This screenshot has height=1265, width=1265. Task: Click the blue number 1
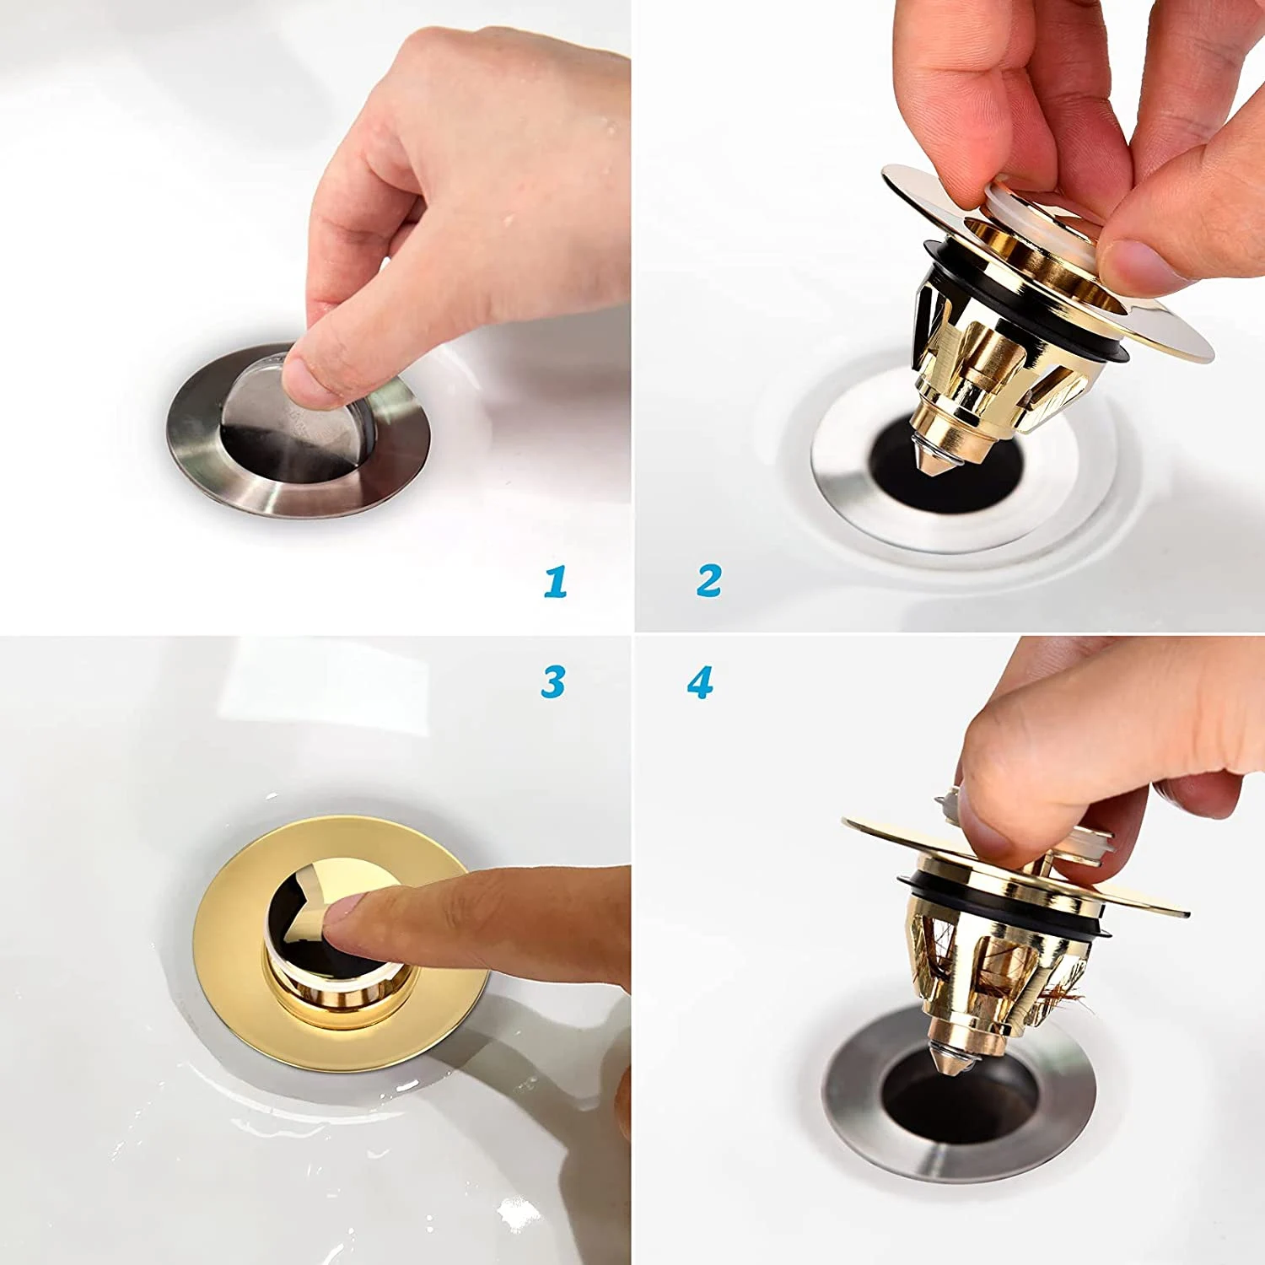555,582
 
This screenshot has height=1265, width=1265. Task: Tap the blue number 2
709,581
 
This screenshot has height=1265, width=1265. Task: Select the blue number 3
553,681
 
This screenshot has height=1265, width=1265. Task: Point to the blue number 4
700,682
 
